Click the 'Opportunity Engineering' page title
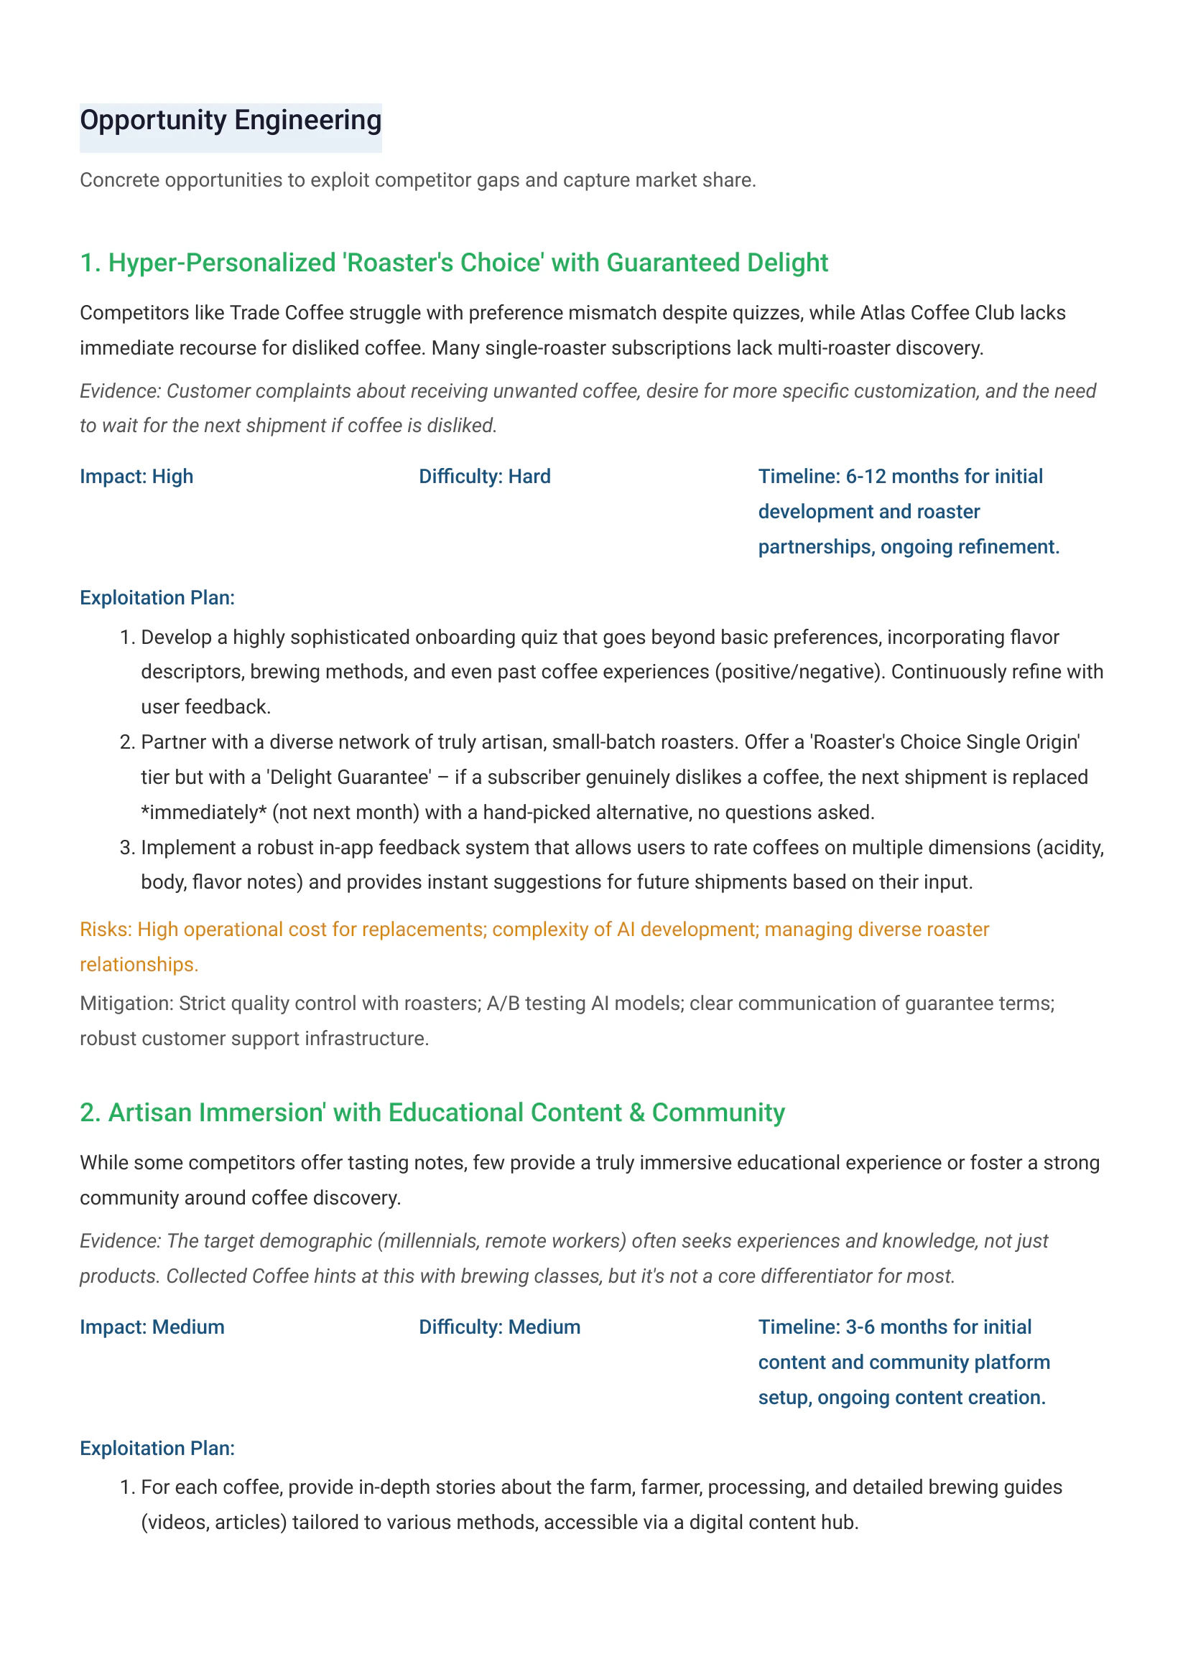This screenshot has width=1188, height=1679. (231, 121)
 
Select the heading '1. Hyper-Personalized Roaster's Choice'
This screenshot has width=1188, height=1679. (453, 263)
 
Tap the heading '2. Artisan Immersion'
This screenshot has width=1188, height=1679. (432, 1112)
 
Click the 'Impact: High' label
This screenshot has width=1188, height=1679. (136, 477)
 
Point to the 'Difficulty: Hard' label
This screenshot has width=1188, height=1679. (484, 477)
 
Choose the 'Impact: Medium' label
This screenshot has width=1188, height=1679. (152, 1327)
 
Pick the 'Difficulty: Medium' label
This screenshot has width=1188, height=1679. (500, 1327)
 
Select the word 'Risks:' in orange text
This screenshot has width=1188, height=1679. (106, 930)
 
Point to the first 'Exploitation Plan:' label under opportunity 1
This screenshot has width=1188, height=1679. (157, 598)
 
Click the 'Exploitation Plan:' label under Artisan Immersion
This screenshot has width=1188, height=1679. (157, 1449)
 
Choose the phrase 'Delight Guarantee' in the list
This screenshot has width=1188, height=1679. (349, 777)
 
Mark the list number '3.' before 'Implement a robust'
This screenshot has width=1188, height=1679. (127, 848)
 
